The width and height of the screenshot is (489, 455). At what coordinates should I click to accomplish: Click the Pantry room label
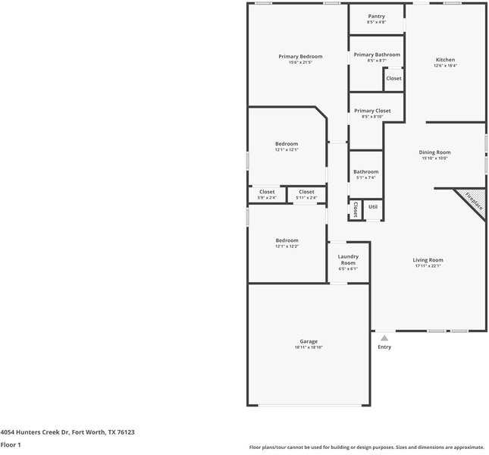coord(376,16)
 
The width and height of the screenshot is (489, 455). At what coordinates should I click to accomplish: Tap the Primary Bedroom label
coord(300,57)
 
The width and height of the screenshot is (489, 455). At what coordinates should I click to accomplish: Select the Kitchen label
coord(445,60)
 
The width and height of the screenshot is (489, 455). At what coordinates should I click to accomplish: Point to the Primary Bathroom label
coord(377,55)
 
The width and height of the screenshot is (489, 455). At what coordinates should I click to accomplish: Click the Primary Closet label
coord(372,111)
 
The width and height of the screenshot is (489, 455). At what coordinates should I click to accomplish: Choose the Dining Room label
coord(434,152)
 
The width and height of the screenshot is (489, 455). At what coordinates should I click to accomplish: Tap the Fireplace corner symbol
coord(472,202)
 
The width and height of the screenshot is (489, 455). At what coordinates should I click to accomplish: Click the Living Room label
coord(428,260)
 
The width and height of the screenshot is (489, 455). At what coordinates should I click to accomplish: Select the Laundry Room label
coord(347,259)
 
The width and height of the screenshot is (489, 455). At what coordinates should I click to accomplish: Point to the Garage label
coord(309,341)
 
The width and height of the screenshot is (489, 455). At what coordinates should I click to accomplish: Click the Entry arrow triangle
coord(384,338)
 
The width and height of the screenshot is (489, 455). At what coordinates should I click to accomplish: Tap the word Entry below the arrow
coord(384,347)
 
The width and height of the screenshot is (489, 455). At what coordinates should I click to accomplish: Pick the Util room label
coord(372,206)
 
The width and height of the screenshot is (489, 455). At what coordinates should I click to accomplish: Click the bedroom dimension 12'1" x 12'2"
coord(287,246)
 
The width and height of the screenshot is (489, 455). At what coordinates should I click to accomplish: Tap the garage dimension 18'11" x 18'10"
coord(309,347)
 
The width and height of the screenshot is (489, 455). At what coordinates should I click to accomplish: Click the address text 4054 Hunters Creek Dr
coord(34,432)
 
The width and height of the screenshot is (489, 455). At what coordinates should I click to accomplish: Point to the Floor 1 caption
coord(11,444)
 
